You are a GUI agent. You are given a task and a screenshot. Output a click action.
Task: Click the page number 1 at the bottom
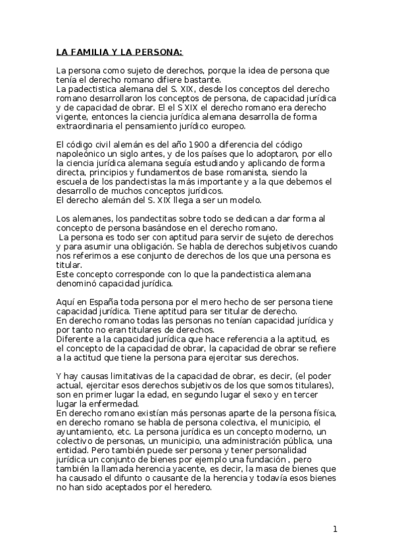click(335, 529)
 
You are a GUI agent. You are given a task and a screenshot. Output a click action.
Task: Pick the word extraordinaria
click(86, 125)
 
